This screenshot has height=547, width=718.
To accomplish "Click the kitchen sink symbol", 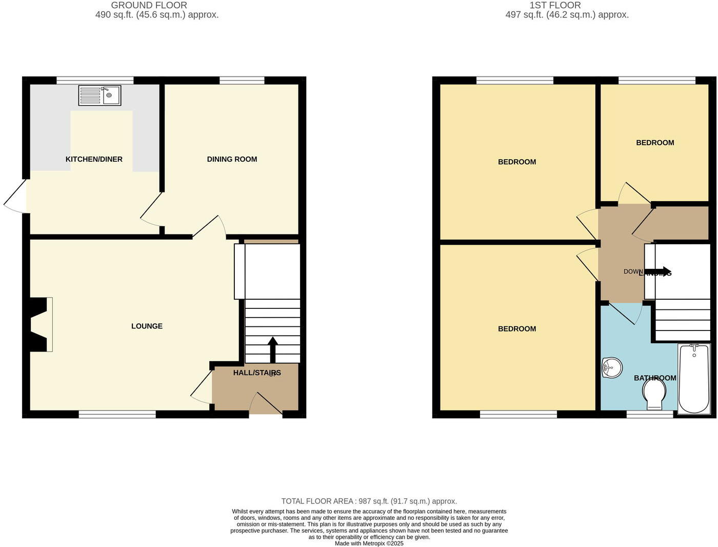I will (100, 95).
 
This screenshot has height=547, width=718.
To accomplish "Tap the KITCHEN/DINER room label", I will (94, 159).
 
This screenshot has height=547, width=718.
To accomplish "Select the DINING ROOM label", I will (232, 159).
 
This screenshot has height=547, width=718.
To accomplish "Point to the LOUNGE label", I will (147, 326).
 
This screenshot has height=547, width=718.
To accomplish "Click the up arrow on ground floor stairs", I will (272, 349).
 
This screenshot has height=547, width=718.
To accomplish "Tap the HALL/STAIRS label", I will (257, 373).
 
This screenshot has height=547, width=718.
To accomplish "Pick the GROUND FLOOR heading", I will (149, 5).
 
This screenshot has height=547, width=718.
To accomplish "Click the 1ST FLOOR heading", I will (555, 5).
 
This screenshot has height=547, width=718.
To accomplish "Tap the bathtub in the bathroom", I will (694, 379).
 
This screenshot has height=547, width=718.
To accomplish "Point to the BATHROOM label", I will (655, 378).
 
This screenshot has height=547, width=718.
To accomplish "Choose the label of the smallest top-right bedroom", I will (655, 143).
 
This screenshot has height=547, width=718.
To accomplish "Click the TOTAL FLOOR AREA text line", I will (369, 501).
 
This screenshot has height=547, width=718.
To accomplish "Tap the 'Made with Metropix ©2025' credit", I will (369, 543).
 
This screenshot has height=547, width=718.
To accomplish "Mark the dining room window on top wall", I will (242, 80).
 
